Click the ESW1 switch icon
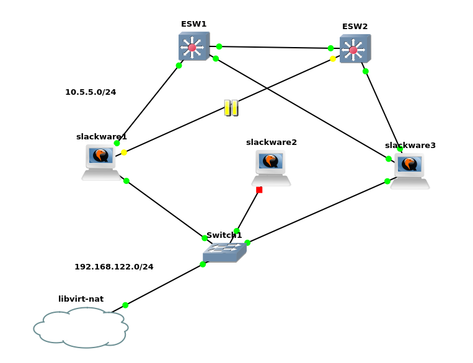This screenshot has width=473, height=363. coord(193,46)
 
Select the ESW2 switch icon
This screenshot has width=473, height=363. coord(355,49)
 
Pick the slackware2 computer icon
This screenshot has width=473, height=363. coord(271,167)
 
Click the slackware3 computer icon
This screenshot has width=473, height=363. coord(410,170)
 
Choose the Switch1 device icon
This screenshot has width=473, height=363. coord(224,251)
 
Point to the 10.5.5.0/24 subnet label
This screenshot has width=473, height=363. coord(91,92)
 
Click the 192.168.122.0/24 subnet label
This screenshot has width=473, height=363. coord(114,267)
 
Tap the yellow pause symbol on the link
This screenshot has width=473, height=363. coord(231,108)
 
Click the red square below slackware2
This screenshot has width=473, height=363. coord(259,190)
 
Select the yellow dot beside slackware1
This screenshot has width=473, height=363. coord(124,152)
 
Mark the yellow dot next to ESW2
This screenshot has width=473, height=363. coord(333,59)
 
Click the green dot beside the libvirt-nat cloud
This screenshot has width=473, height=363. coord(125,305)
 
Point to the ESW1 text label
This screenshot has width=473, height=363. coord(193,24)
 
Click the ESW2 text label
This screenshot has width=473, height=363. coord(355,27)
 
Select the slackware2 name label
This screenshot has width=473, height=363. coord(271,142)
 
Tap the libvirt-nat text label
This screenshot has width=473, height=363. coord(81,299)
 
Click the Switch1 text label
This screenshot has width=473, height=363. coord(224,235)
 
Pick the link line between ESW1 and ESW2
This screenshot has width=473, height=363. coord(275,47)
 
